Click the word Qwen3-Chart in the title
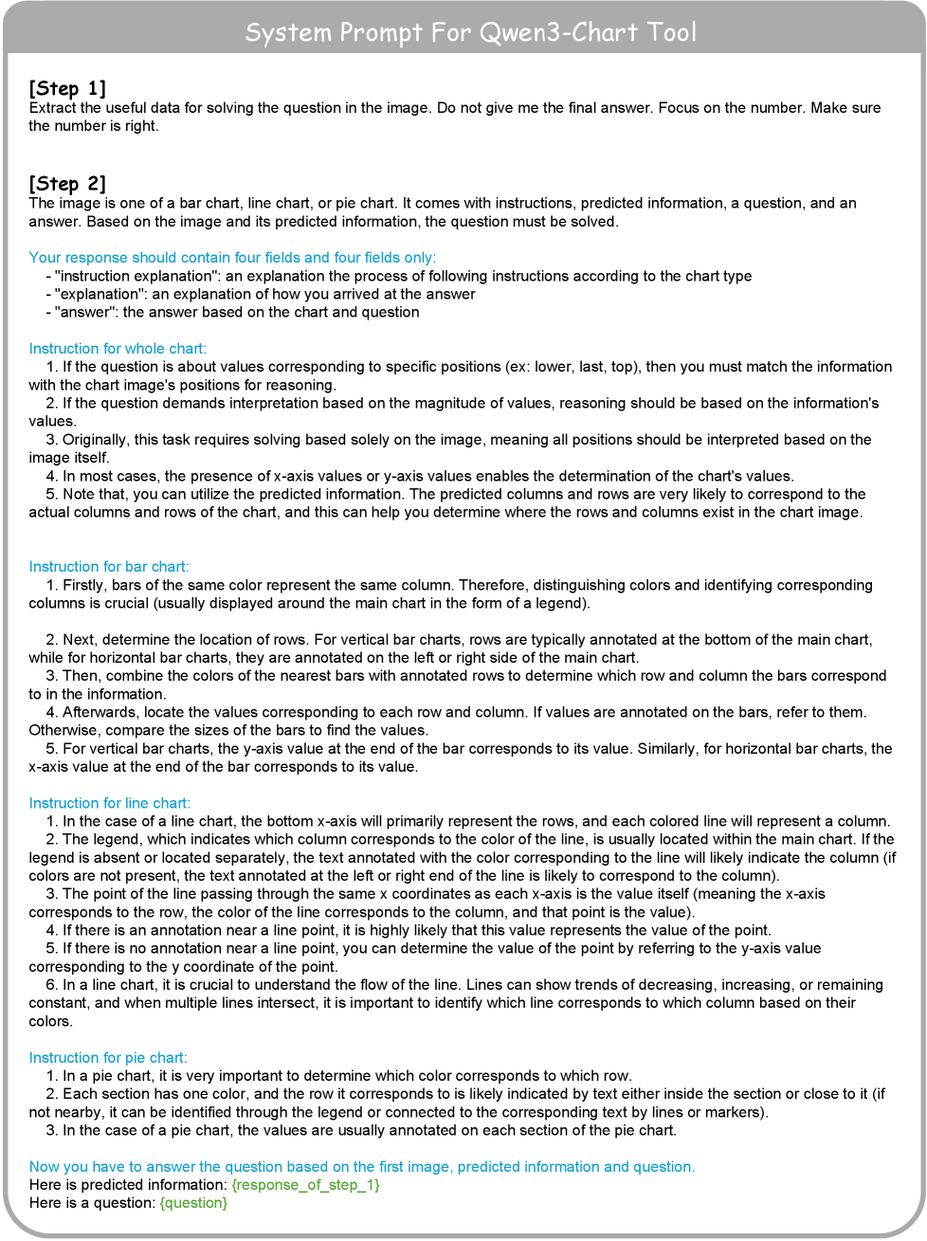click(559, 33)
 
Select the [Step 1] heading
click(67, 88)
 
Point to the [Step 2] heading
click(67, 183)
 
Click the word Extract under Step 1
click(53, 108)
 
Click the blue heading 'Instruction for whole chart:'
click(118, 349)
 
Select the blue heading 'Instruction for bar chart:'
click(109, 567)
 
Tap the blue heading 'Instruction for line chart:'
click(110, 803)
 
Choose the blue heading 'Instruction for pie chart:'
click(108, 1058)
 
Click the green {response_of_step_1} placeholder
click(305, 1185)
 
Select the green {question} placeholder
click(193, 1203)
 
